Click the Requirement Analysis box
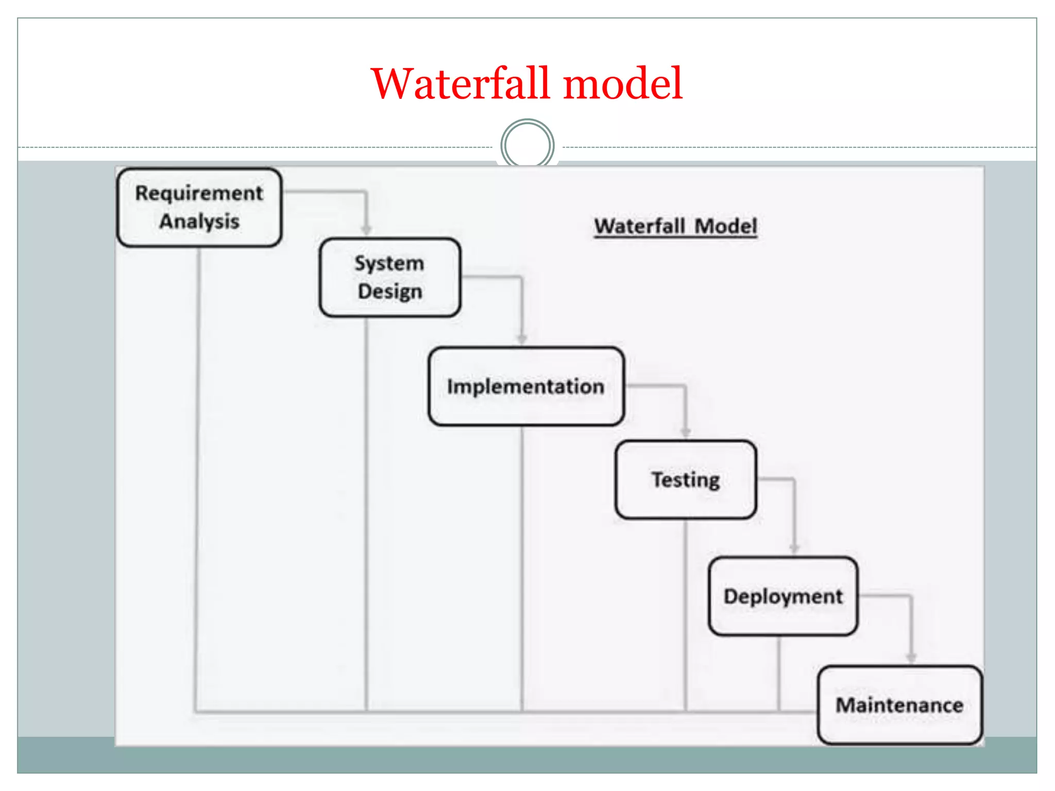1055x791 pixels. [199, 207]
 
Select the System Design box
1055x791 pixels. [390, 277]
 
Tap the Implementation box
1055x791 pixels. [526, 386]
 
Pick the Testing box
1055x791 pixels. [686, 479]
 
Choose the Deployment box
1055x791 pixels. [783, 596]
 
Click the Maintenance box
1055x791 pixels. [899, 705]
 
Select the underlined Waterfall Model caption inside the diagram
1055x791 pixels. [675, 226]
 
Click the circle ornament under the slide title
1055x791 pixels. [527, 145]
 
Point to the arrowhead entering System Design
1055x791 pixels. [366, 230]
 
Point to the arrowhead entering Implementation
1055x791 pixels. [521, 338]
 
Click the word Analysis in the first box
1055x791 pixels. [199, 221]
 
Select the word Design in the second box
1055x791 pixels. [390, 291]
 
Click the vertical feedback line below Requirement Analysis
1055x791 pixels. [197, 463]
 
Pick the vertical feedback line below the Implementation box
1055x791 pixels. [521, 566]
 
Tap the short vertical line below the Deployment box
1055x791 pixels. [778, 675]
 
